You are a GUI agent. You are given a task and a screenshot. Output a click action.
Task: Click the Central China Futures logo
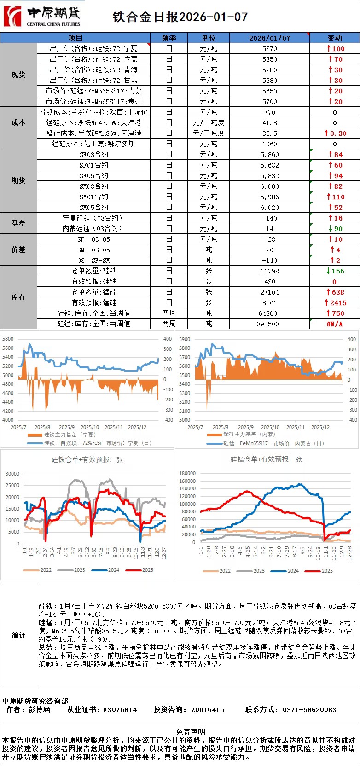[42, 17]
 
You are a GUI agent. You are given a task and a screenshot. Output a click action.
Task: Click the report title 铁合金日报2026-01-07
[180, 17]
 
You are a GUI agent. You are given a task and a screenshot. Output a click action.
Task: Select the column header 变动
[334, 38]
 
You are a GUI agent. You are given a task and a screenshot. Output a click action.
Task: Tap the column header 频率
[169, 38]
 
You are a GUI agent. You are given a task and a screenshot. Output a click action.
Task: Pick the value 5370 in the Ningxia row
[269, 48]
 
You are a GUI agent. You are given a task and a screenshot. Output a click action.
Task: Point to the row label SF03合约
[94, 155]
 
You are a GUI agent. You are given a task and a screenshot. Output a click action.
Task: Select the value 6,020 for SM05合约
[269, 208]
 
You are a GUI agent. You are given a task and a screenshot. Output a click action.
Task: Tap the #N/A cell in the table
[334, 324]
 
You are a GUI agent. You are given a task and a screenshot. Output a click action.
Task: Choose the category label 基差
[18, 223]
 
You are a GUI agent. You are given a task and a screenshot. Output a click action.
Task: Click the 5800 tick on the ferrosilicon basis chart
[8, 339]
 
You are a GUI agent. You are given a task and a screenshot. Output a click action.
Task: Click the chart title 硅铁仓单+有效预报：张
[87, 459]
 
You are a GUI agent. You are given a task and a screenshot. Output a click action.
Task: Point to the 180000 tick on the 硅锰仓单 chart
[187, 473]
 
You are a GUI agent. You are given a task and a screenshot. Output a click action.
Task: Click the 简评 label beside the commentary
[18, 635]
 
